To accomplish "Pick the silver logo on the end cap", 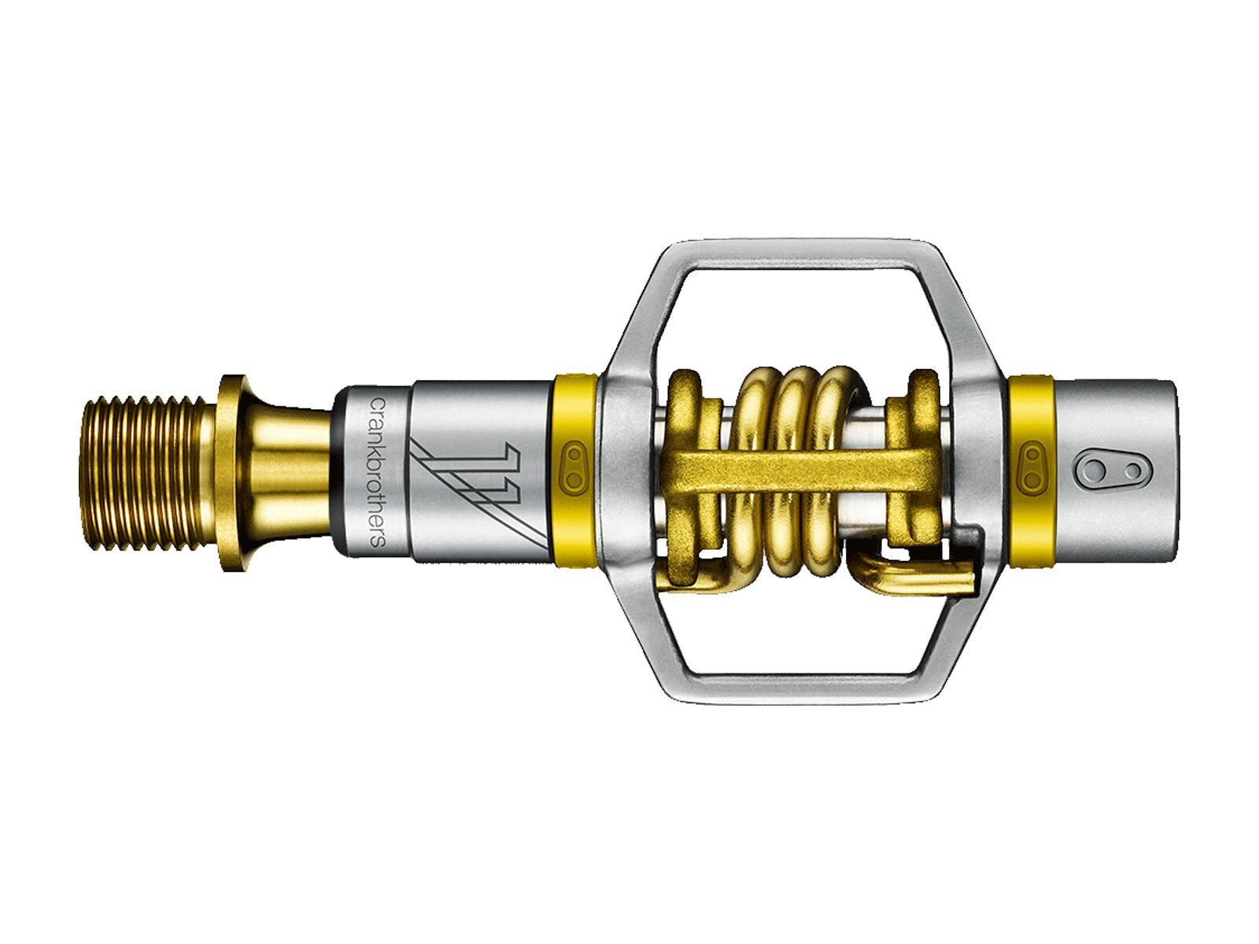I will (1109, 471).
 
